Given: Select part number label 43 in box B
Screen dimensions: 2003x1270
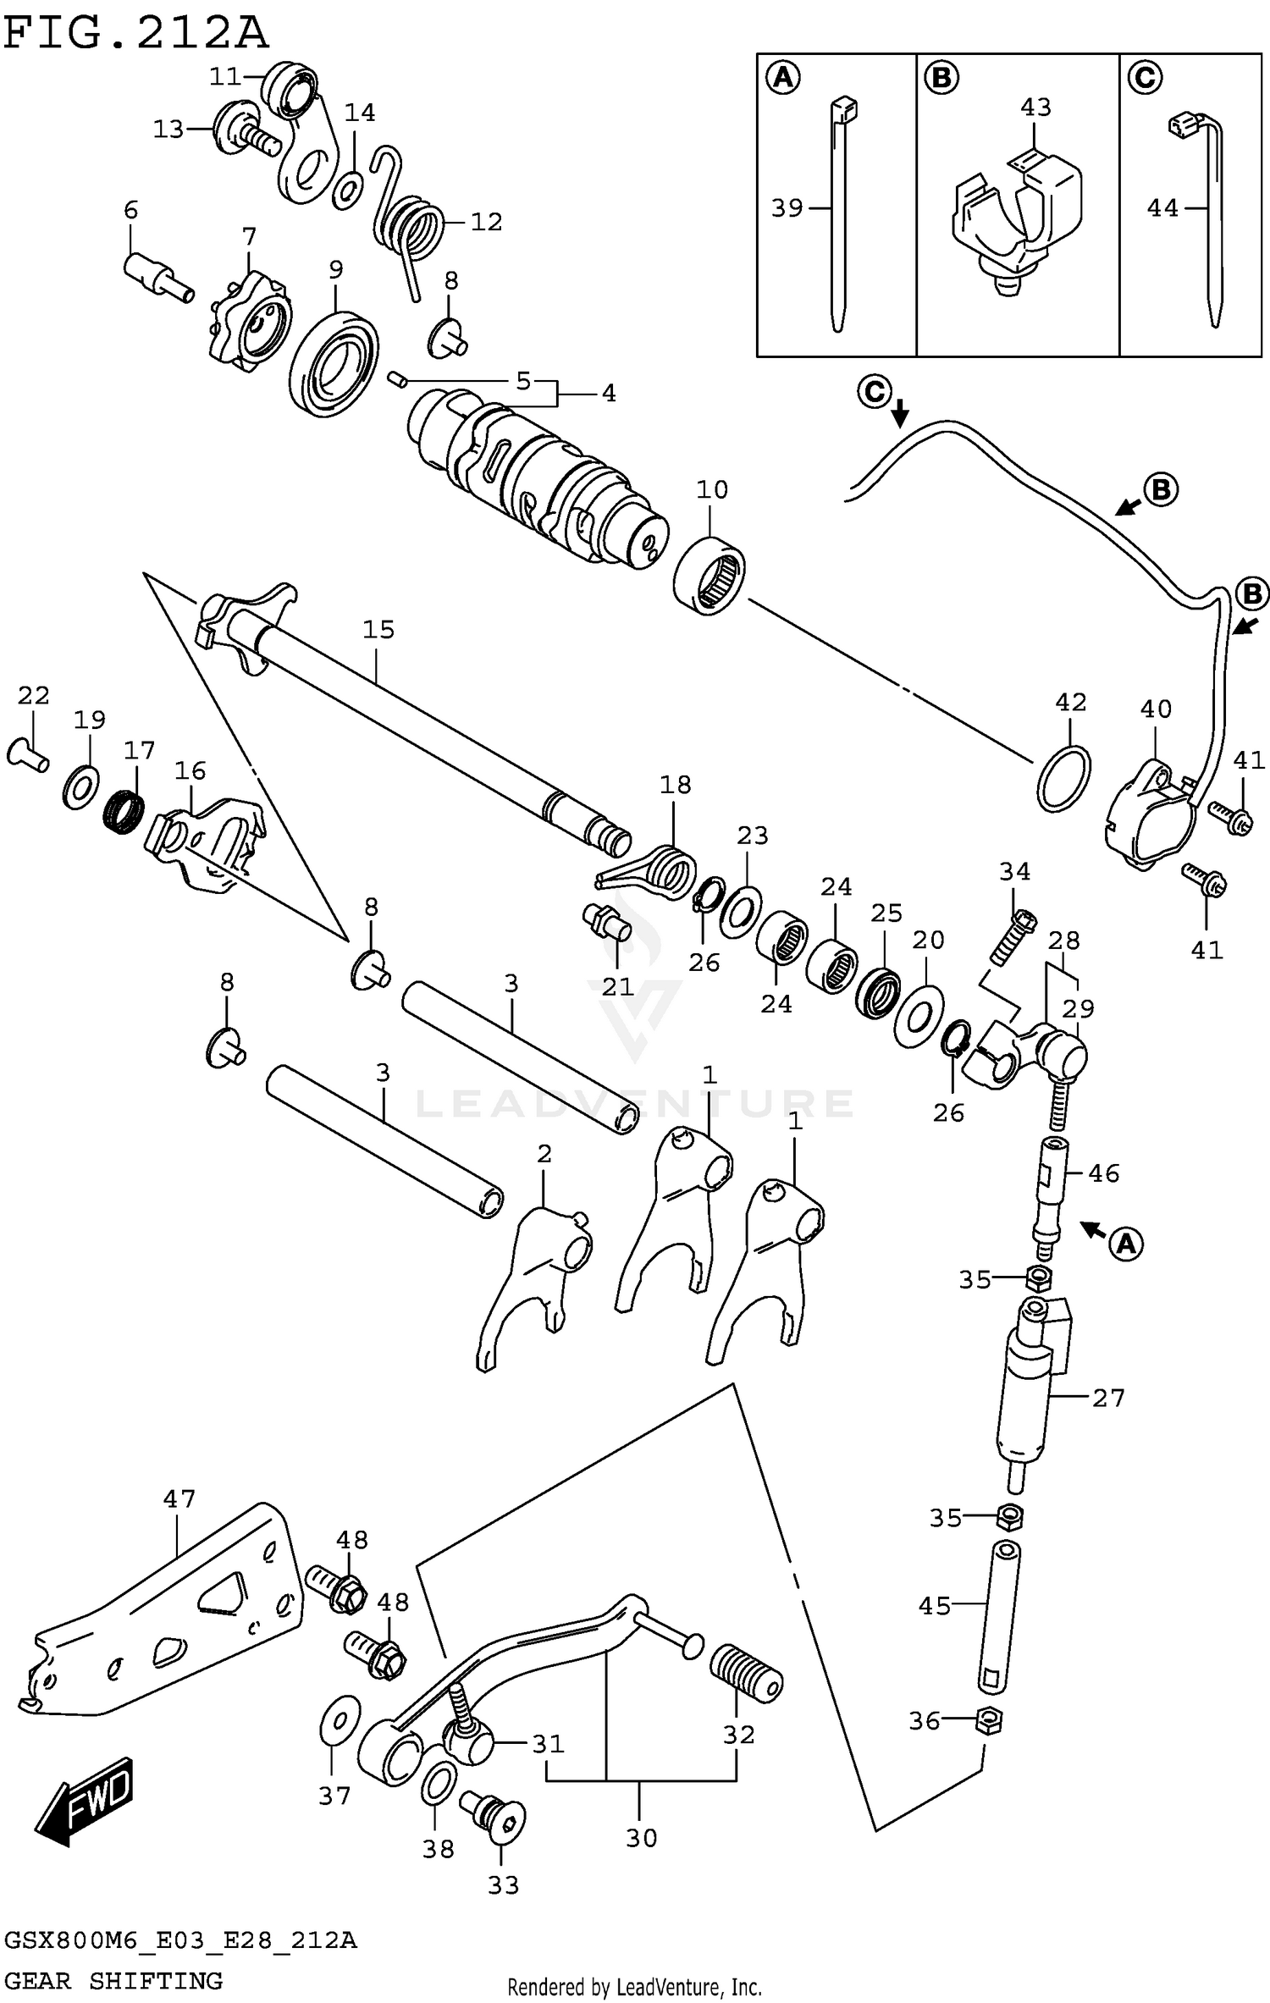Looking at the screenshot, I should (x=1035, y=108).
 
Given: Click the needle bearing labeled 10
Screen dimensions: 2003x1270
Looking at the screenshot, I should (x=710, y=577).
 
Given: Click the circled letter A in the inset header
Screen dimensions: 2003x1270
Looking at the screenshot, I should (x=783, y=78).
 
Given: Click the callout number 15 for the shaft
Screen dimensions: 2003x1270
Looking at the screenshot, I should (x=378, y=629).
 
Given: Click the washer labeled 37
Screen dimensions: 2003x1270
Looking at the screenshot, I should (x=341, y=1721).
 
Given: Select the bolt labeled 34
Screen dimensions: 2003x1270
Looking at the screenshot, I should (x=1012, y=938).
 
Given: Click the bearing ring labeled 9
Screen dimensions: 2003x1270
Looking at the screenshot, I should (x=334, y=364).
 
